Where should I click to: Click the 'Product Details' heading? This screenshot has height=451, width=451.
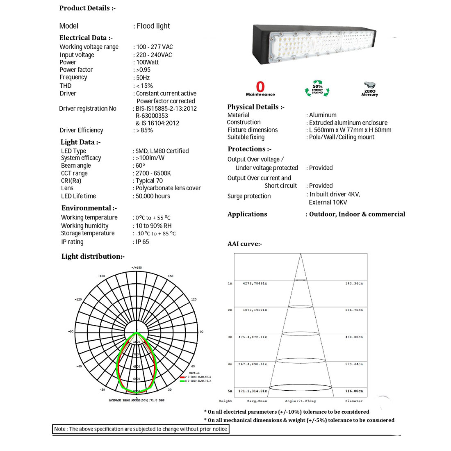click(87, 8)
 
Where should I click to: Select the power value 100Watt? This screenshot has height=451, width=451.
click(147, 62)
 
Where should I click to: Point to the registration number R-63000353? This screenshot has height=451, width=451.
click(152, 116)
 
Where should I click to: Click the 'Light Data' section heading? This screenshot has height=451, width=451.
click(80, 142)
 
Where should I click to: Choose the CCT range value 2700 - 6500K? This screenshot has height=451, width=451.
click(153, 173)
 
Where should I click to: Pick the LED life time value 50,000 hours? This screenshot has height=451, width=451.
click(153, 196)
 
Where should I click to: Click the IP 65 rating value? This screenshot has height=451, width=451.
click(142, 242)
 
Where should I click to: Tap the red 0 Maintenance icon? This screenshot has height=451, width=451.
click(260, 89)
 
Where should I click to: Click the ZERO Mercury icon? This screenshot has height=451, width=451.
click(369, 88)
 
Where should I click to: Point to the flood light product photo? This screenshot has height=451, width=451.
click(314, 48)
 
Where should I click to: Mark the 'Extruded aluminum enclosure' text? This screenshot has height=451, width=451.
click(348, 123)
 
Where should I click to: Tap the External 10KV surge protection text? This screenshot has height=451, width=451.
click(328, 202)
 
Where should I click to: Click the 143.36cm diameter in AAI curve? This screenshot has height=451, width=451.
click(354, 283)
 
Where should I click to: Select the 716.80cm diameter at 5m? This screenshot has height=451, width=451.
click(354, 391)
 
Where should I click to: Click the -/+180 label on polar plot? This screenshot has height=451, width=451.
click(137, 268)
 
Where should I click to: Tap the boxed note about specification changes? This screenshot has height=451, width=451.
click(141, 429)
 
